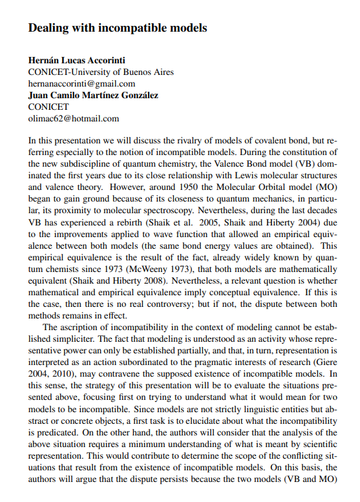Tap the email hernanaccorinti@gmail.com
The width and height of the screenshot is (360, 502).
[x=81, y=84]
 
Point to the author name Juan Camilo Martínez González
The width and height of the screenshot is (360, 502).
[x=93, y=96]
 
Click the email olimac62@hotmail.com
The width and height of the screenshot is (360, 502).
[x=74, y=119]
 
